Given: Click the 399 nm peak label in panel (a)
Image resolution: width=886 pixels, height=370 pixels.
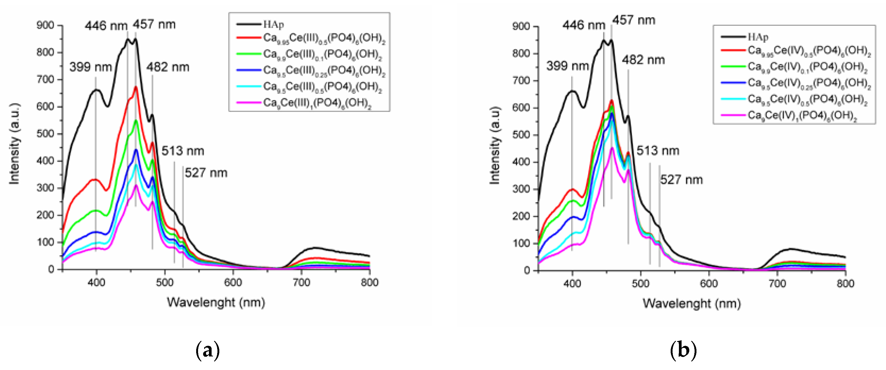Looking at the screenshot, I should point(90,67).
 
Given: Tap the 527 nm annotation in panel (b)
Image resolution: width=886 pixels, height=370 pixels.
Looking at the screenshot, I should point(681,180).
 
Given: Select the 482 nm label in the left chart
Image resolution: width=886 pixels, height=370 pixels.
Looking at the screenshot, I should point(168,67).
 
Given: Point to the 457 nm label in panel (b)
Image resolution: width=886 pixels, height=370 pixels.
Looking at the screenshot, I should point(633,20).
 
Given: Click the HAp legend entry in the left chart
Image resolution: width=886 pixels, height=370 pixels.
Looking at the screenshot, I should point(274,24).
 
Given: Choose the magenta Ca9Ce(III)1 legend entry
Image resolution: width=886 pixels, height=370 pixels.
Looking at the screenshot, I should point(317,103).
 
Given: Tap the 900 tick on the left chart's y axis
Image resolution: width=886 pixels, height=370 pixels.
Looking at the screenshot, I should point(45,26).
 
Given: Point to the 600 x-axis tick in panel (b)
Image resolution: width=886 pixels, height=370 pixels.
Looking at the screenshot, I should point(709,284).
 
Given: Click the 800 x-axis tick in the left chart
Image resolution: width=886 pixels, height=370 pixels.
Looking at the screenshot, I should point(369,282).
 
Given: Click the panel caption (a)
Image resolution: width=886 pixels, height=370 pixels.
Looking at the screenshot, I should point(207,350).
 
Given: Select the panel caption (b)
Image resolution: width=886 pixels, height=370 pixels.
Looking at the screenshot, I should point(683,350).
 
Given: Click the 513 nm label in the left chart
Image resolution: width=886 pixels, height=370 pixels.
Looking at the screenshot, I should point(183,151).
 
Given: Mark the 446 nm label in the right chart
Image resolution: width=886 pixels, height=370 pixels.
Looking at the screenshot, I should point(584,25).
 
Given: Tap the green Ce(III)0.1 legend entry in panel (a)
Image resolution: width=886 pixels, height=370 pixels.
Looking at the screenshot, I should point(322,54).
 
